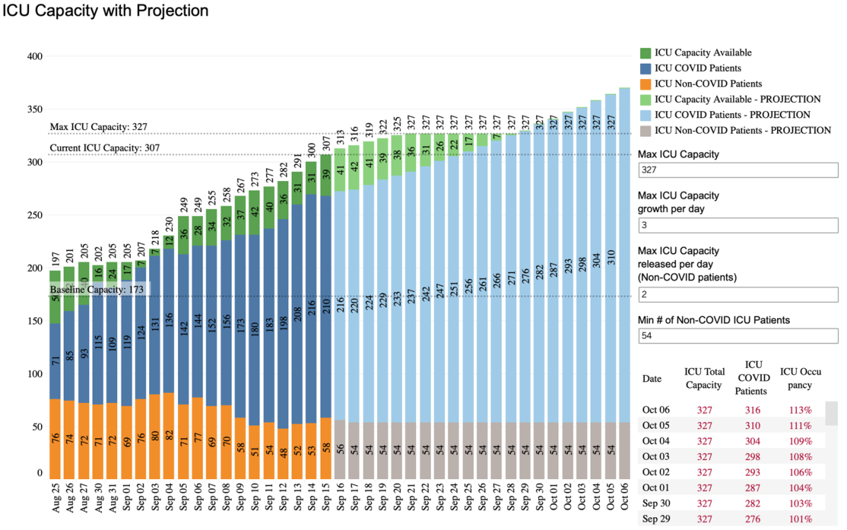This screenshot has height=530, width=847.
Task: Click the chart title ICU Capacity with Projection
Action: click(x=106, y=11)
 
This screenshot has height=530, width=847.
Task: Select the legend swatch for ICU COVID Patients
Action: click(x=646, y=69)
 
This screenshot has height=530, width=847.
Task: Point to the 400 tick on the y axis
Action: click(x=35, y=57)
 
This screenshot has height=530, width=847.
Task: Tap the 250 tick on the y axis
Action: click(x=35, y=216)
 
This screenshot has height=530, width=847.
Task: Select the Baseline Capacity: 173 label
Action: click(x=97, y=290)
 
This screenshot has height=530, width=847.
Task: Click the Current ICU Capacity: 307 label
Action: click(x=105, y=148)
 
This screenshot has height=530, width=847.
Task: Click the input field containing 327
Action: click(x=738, y=170)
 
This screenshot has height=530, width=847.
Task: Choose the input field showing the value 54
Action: click(x=738, y=336)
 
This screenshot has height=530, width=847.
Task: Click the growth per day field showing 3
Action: click(x=738, y=225)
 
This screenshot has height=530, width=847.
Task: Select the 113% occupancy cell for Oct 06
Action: click(x=796, y=410)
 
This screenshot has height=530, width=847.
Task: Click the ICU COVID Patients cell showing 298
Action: click(x=750, y=457)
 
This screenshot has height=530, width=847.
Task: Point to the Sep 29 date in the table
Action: click(x=655, y=519)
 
